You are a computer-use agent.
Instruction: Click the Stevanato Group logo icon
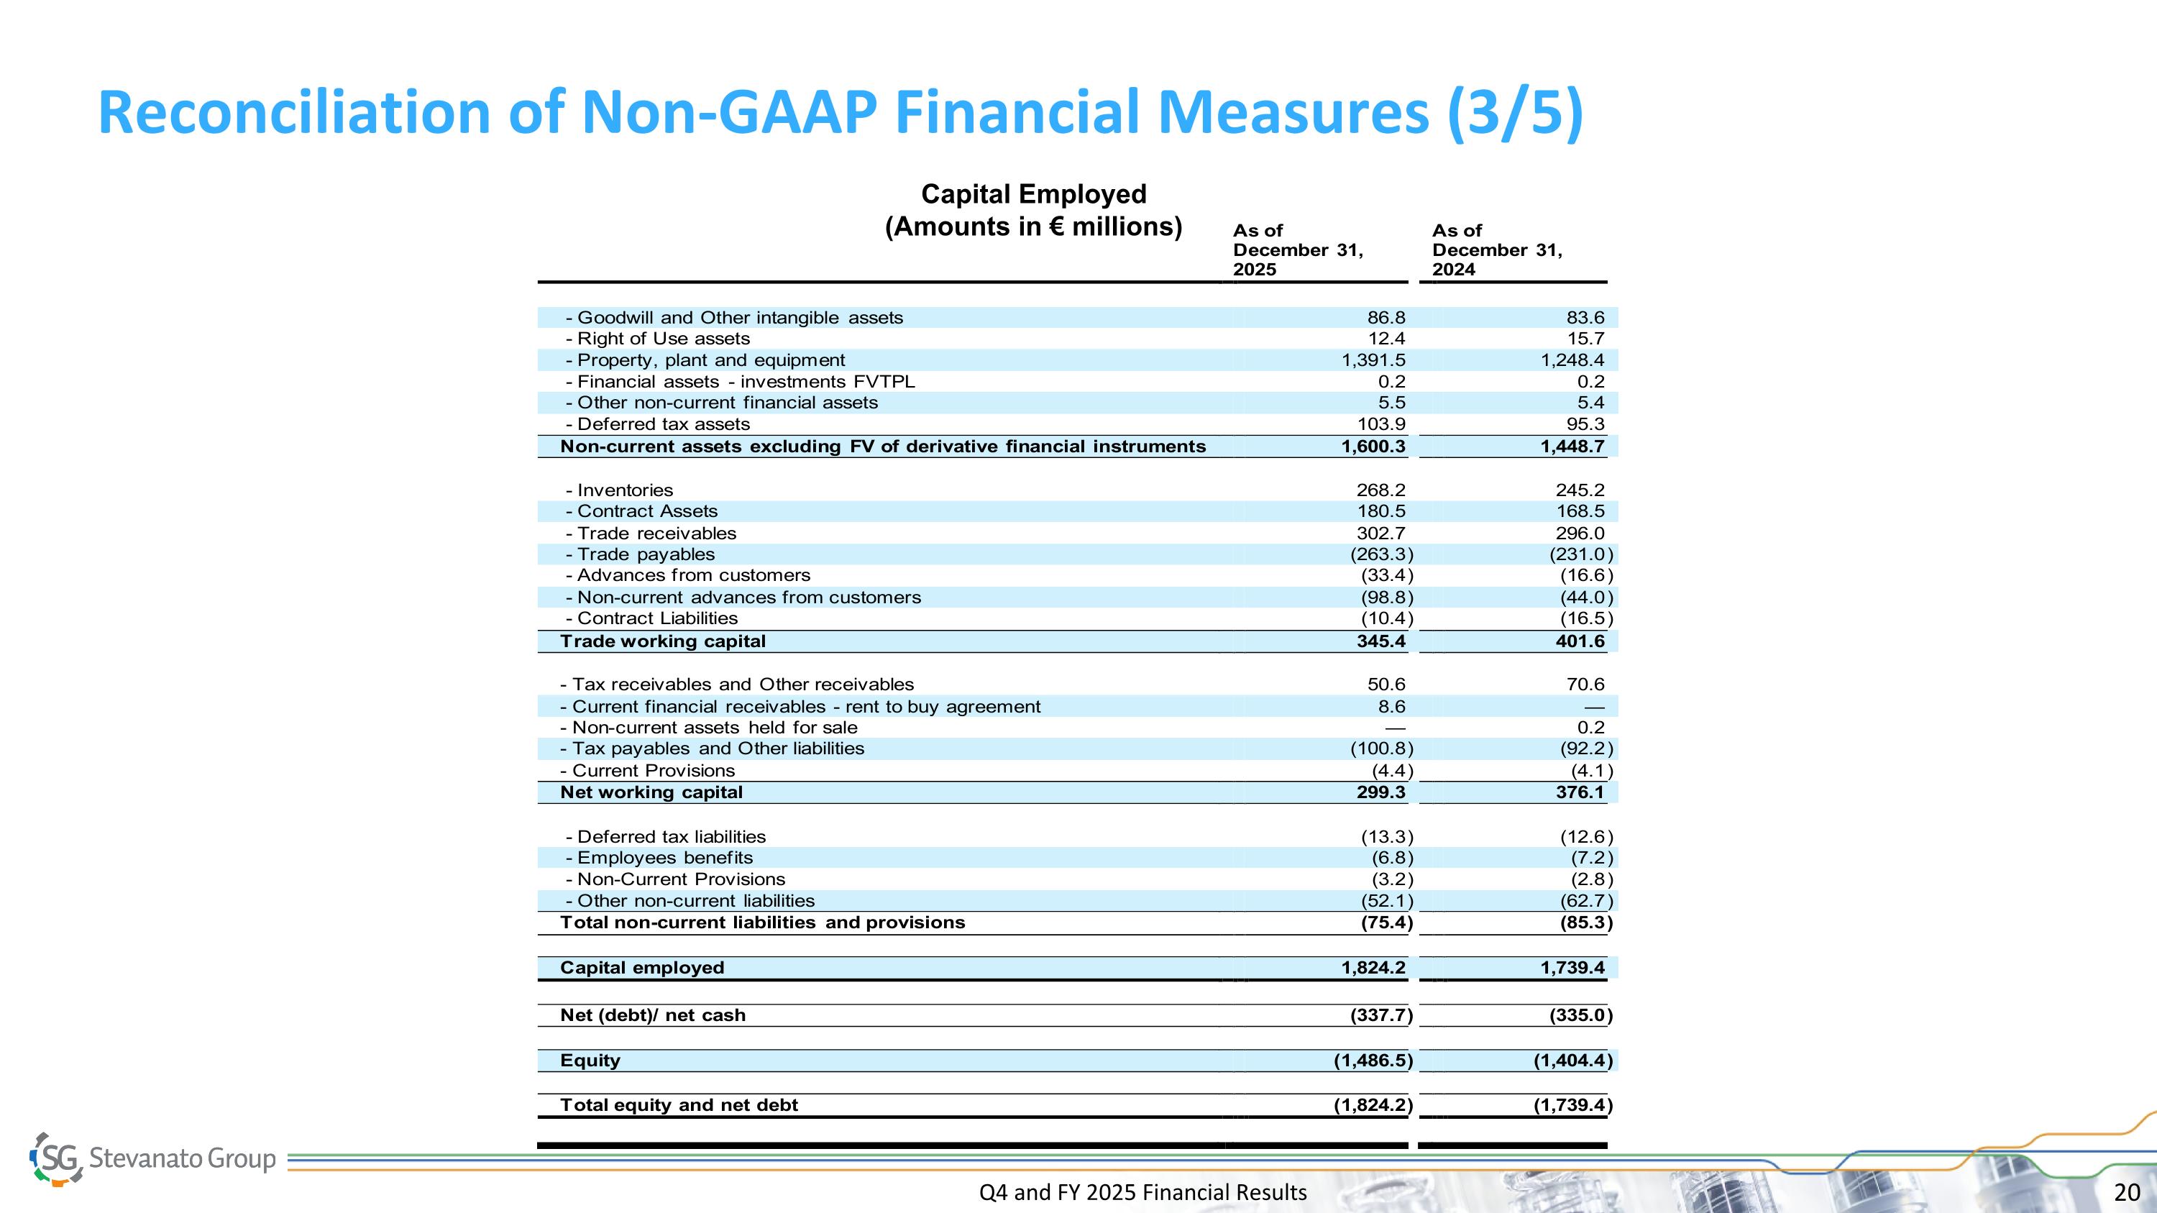pyautogui.click(x=57, y=1158)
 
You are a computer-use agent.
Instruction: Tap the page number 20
pyautogui.click(x=2127, y=1192)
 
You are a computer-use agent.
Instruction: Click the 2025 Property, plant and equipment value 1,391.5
pyautogui.click(x=1373, y=360)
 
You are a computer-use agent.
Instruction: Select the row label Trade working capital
pyautogui.click(x=662, y=641)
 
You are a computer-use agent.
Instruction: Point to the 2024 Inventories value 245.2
pyautogui.click(x=1580, y=490)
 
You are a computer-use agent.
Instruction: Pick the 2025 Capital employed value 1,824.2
pyautogui.click(x=1373, y=968)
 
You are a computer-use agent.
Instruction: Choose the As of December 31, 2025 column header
pyautogui.click(x=1297, y=250)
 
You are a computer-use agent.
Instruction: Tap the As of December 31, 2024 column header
pyautogui.click(x=1496, y=250)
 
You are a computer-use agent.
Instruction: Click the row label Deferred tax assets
pyautogui.click(x=662, y=424)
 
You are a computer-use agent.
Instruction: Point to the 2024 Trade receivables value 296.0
pyautogui.click(x=1580, y=534)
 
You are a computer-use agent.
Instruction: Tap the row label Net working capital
pyautogui.click(x=651, y=792)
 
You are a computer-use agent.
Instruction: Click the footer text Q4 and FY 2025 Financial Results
pyautogui.click(x=1142, y=1192)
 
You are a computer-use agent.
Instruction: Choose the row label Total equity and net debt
pyautogui.click(x=678, y=1105)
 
